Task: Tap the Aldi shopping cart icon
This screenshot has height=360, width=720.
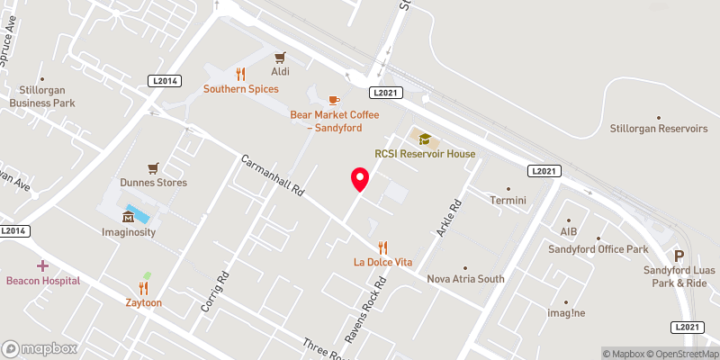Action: point(280,57)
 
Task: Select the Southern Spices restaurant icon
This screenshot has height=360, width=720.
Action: point(240,74)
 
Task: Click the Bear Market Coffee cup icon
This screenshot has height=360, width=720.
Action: point(334,100)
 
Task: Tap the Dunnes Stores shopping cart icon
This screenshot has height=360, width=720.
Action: point(154,167)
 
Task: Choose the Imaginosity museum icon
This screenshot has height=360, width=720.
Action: point(128,217)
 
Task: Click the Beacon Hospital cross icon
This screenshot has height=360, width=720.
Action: point(42,265)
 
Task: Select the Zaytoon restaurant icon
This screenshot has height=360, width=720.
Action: point(144,288)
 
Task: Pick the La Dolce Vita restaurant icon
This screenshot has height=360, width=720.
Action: point(382,247)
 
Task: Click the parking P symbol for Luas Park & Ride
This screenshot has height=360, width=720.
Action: point(679,256)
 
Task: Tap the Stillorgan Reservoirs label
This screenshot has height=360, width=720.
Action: point(658,128)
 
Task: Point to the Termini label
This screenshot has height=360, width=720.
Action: point(508,200)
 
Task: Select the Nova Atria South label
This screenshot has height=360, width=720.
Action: point(465,278)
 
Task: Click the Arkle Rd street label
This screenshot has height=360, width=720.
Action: point(449,218)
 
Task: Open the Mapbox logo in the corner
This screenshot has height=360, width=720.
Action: point(40,348)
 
